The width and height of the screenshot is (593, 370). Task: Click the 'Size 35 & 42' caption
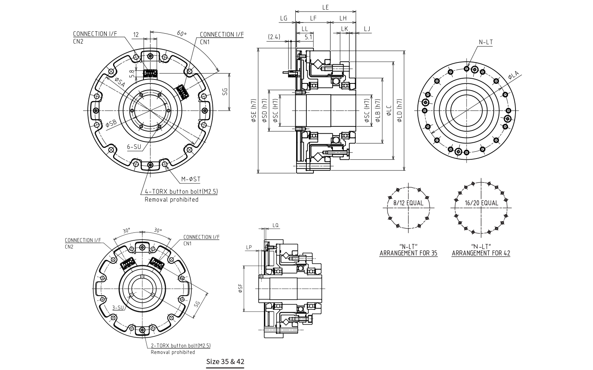[225, 361]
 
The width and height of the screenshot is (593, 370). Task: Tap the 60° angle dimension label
[181, 34]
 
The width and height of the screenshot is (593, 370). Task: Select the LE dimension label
[325, 8]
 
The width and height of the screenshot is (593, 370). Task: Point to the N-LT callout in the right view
[486, 42]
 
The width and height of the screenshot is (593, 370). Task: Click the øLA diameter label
[513, 75]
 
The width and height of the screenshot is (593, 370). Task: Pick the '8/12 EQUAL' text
[408, 203]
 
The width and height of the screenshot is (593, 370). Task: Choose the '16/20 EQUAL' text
[482, 203]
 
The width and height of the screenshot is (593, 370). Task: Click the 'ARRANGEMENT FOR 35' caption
[408, 253]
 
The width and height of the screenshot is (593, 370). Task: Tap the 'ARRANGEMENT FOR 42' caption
[481, 253]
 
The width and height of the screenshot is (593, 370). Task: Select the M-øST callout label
[191, 179]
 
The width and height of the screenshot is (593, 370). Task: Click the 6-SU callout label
[134, 146]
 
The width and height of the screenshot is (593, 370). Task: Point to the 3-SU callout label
[118, 308]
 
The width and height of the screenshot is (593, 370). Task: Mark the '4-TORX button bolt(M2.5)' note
[181, 192]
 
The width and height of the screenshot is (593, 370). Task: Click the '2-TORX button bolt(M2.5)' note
[181, 345]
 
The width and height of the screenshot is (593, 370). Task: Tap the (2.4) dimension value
[274, 37]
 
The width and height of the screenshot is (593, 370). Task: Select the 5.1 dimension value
[309, 37]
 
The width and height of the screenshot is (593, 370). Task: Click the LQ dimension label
[276, 225]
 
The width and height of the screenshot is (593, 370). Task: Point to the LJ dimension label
[367, 29]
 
